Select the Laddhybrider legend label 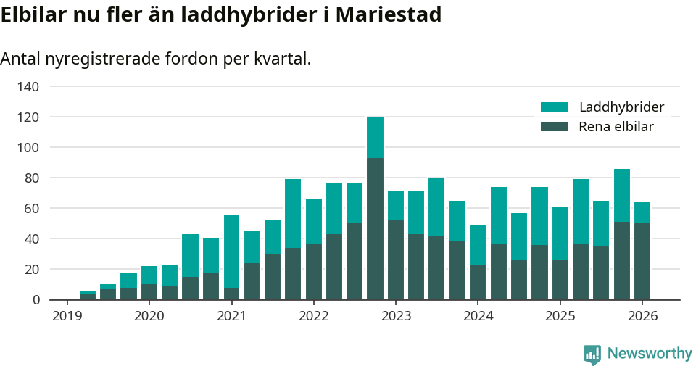click(x=621, y=107)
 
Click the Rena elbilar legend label click(x=616, y=127)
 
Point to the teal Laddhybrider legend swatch click(x=555, y=107)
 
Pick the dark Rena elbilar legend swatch click(x=555, y=127)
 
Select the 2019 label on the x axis click(x=67, y=316)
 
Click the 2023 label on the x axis click(x=396, y=316)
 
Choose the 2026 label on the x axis click(x=642, y=316)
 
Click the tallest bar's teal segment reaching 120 click(x=375, y=137)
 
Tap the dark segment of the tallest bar click(x=375, y=228)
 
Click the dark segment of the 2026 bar click(x=642, y=261)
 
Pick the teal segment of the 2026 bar click(x=642, y=212)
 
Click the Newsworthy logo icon click(x=592, y=354)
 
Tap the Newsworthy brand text click(x=650, y=354)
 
